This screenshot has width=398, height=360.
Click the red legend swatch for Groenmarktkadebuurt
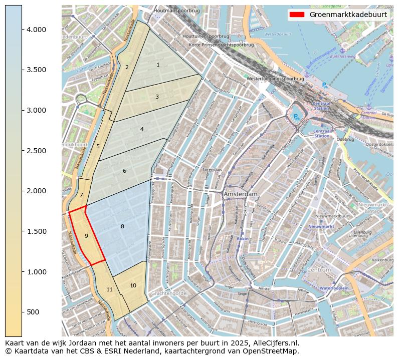[297, 15]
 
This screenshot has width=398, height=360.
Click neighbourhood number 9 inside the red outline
[86, 236]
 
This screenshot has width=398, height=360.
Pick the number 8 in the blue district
[122, 227]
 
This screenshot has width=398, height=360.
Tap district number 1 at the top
[158, 65]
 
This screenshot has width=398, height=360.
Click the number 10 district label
[133, 285]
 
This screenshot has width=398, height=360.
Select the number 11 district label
[109, 290]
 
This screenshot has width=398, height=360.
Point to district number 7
[81, 195]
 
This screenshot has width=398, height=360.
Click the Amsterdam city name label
[241, 194]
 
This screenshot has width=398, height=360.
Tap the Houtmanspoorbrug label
[177, 10]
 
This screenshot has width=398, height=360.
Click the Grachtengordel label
[168, 293]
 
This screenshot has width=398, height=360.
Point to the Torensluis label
[212, 170]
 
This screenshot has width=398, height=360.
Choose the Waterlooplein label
[334, 288]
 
